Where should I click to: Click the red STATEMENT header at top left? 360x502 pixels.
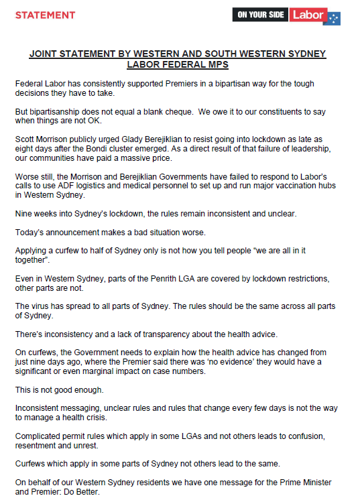(x=45, y=15)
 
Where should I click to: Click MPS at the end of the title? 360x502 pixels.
(x=215, y=64)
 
